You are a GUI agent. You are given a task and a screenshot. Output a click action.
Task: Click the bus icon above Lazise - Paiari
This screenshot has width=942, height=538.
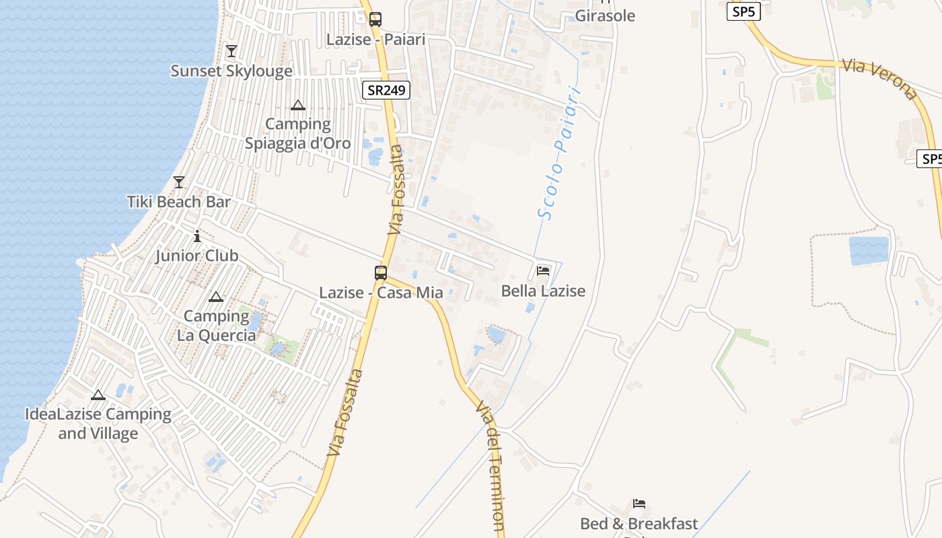375,20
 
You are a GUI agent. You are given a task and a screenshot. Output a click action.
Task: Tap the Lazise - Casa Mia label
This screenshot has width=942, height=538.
381,293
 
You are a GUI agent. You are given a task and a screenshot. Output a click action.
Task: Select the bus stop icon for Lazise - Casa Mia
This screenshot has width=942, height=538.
381,272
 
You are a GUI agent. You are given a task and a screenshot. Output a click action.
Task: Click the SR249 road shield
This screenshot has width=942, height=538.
386,90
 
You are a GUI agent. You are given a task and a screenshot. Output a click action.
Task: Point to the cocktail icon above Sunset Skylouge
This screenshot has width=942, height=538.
231,50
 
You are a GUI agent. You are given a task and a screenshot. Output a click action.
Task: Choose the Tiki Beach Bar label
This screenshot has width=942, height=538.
179,202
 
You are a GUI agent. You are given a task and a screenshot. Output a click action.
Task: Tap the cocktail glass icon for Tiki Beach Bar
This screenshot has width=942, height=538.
179,182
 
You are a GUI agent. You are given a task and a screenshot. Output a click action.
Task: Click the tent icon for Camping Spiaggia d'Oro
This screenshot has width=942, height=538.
298,105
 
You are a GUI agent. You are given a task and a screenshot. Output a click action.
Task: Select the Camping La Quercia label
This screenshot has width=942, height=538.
217,325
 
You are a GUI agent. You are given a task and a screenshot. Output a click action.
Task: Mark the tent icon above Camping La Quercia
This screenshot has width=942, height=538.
216,297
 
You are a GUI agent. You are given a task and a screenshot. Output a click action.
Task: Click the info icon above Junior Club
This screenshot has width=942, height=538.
197,236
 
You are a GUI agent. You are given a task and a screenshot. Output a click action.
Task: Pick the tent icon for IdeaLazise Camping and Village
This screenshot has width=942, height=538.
98,395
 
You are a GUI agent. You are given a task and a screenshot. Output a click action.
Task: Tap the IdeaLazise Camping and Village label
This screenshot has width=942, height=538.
98,424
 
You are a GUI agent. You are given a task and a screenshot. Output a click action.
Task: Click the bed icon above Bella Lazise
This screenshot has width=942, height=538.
543,271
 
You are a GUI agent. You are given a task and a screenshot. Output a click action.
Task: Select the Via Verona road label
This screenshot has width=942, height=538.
879,79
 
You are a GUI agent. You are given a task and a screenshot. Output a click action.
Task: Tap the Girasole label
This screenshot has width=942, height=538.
605,16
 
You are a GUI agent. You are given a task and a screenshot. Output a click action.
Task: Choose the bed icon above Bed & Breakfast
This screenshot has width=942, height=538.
639,503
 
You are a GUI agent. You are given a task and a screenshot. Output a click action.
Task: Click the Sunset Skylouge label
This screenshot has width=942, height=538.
231,71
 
